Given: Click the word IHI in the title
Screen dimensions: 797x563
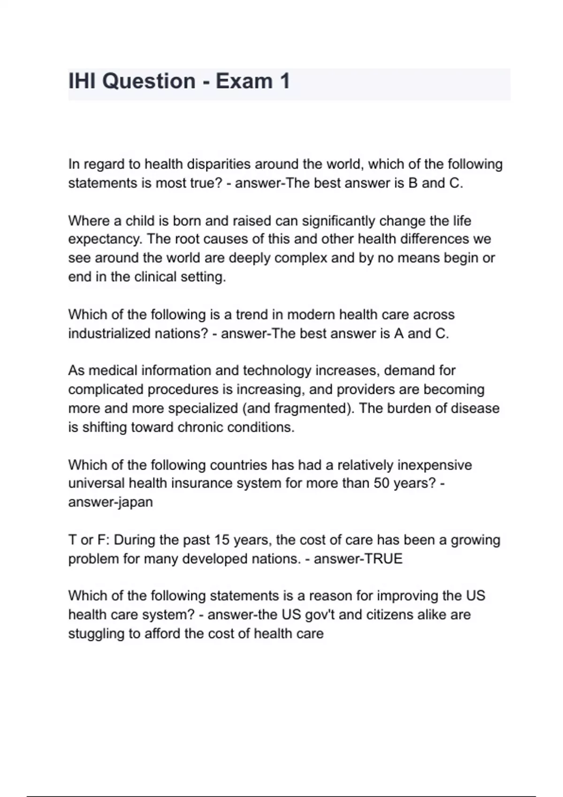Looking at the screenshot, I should [x=82, y=81].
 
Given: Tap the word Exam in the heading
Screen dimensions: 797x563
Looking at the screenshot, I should [x=244, y=81].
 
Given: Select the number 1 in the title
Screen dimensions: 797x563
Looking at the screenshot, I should [x=284, y=81].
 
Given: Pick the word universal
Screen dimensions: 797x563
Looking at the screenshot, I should [x=96, y=483].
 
